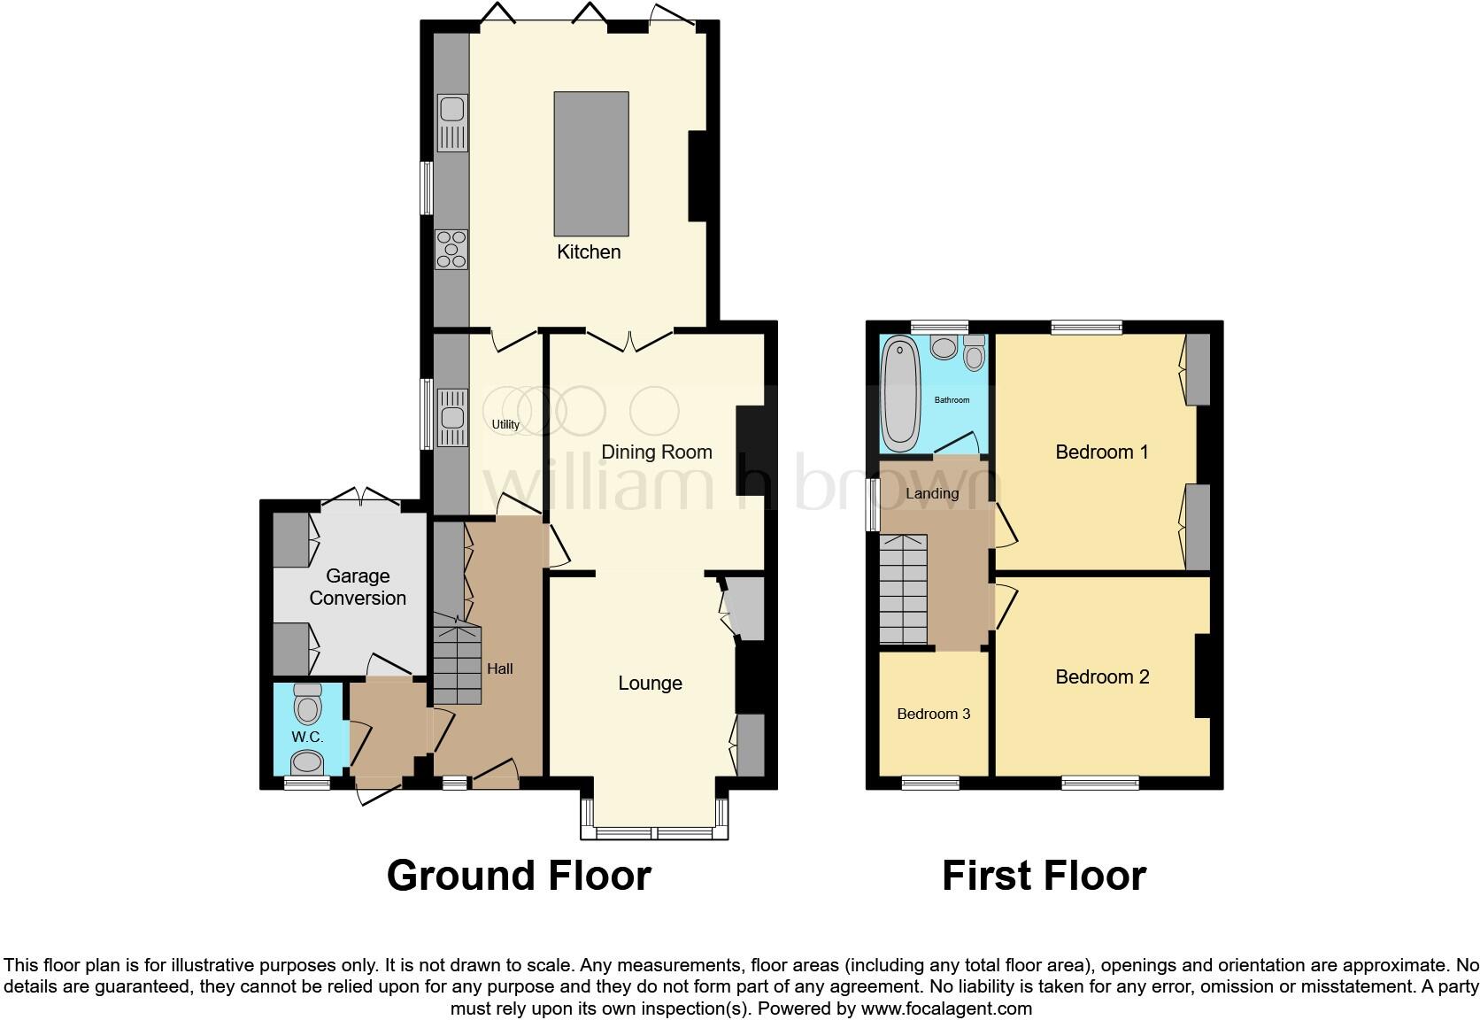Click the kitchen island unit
591,163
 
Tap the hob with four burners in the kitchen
451,249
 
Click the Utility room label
505,424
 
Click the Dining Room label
656,452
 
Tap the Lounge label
650,683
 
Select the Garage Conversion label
358,587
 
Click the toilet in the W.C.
307,704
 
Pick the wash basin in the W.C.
307,761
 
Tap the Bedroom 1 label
1101,452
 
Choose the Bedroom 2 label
1101,676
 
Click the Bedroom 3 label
933,714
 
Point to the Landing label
931,493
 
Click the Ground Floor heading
519,875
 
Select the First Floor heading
1044,875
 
